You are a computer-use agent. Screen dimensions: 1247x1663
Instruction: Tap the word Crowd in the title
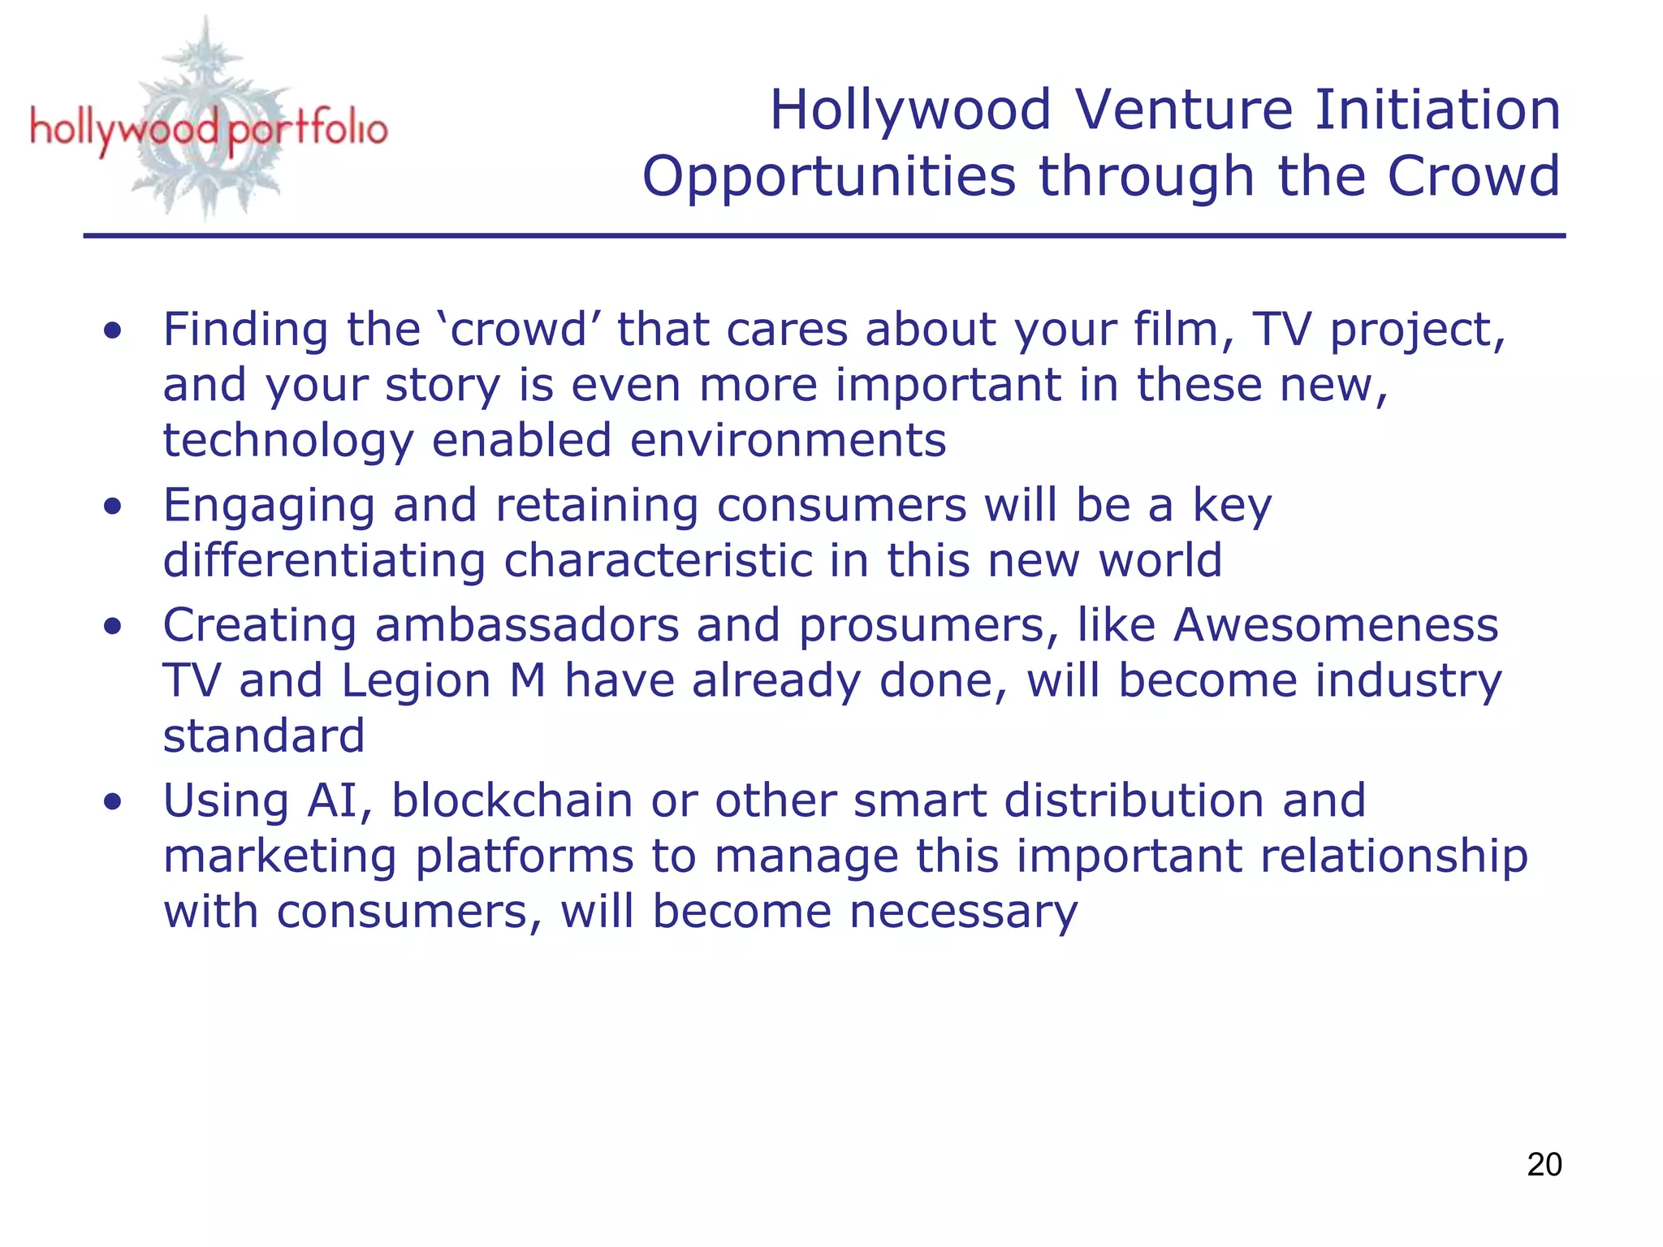point(1473,176)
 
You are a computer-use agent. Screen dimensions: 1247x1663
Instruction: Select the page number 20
point(1544,1164)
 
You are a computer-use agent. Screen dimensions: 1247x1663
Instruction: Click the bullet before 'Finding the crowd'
point(113,330)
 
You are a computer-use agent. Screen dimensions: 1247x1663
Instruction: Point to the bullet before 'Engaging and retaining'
point(113,507)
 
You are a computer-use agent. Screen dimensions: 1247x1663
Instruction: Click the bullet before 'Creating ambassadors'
point(113,626)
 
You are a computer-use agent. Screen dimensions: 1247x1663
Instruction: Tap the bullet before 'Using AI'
point(113,802)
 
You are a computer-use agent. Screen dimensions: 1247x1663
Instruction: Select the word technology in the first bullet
point(288,441)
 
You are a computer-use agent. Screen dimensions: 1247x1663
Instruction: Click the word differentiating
point(323,560)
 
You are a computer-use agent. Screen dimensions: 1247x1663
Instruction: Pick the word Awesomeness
point(1336,625)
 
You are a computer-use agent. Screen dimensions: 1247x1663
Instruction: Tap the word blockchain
point(512,800)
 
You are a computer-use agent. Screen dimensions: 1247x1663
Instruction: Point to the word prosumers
point(929,627)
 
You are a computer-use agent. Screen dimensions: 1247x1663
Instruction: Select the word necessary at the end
point(963,912)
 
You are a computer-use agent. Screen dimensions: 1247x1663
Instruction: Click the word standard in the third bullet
point(264,736)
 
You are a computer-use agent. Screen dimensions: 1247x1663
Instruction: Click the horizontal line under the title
point(823,235)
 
